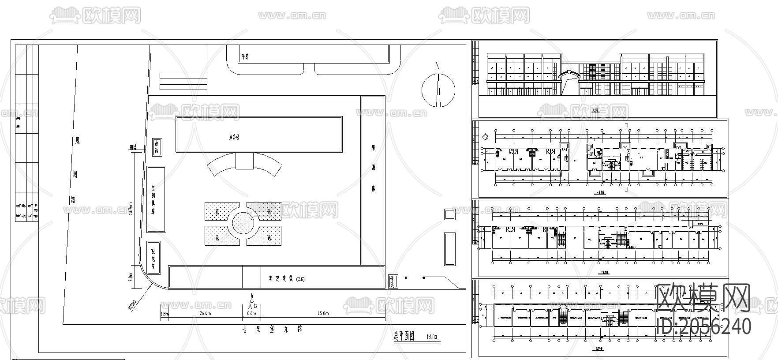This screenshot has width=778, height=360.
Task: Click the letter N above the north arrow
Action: coord(438,66)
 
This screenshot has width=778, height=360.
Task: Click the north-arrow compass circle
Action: coord(438,90)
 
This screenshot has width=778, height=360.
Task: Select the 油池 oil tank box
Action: coord(156,147)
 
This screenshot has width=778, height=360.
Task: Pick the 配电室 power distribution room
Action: coord(153,258)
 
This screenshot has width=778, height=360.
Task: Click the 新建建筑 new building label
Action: coord(287,279)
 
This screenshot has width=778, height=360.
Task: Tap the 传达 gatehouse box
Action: coord(393,281)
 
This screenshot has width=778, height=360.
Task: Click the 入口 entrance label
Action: coord(252,304)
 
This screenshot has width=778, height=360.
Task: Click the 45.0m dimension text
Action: coord(323,314)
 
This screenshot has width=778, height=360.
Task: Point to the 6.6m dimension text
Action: coord(251,314)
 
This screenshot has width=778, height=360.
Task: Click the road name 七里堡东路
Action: coord(272,330)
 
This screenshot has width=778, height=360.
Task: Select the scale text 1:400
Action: coord(432,337)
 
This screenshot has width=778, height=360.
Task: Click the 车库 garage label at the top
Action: coord(245,57)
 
